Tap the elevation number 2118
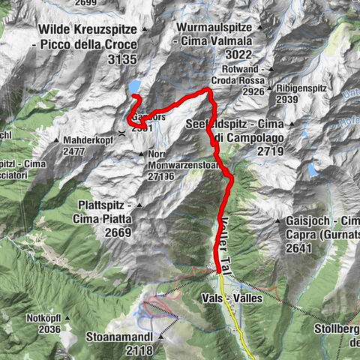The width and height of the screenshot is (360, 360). pyautogui.click(x=140, y=349)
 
